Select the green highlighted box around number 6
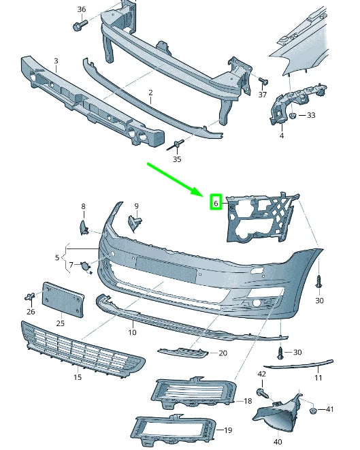215,202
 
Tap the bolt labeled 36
77,25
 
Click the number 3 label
55,61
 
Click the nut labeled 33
291,116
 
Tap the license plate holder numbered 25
63,300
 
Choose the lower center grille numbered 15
82,347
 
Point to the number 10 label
132,332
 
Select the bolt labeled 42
262,391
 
